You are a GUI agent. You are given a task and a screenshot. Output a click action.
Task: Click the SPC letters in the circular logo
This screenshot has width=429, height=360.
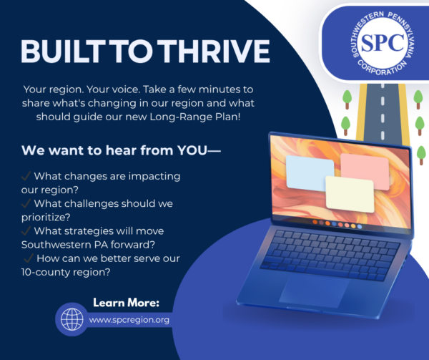[x=383, y=43]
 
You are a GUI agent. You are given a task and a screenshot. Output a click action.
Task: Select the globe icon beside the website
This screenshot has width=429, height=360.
[x=72, y=319]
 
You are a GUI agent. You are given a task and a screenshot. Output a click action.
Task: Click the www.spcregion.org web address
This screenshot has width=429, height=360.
[x=129, y=320]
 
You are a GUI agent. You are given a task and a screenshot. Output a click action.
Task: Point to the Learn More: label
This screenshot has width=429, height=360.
[x=126, y=303]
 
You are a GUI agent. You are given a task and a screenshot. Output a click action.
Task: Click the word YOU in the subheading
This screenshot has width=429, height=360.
[x=192, y=150]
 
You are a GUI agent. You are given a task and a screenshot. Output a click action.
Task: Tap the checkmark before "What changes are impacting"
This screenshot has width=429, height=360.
[x=26, y=176]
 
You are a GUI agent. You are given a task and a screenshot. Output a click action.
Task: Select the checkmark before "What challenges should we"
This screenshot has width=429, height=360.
[x=26, y=203]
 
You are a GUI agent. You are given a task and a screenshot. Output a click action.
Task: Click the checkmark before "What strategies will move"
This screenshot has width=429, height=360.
[x=26, y=230]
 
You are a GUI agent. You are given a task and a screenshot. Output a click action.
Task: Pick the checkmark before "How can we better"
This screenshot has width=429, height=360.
[x=29, y=258]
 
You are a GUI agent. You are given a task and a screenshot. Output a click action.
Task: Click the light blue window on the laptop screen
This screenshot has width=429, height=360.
[x=310, y=173]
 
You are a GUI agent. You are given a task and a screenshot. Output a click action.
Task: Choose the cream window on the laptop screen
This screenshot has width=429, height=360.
[x=350, y=194]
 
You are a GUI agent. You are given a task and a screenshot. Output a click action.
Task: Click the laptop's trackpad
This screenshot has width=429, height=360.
[x=314, y=291]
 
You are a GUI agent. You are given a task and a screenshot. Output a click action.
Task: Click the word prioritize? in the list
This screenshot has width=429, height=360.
[x=46, y=218]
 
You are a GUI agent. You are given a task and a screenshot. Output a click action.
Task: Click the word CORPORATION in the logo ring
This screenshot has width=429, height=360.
[x=383, y=69]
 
